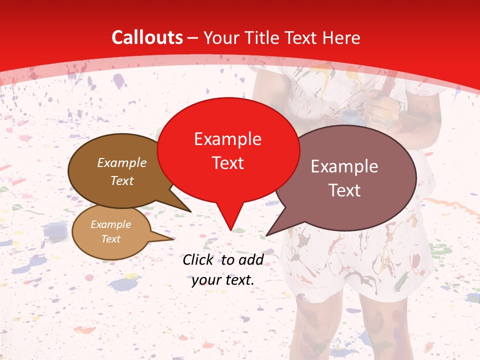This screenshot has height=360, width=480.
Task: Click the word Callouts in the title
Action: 147,37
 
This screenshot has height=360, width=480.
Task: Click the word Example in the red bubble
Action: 227,139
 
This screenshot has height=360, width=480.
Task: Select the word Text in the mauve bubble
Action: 345,190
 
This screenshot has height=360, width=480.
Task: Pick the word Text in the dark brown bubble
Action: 122,180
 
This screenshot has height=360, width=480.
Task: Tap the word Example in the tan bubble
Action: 110,224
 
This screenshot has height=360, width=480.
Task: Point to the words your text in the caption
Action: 223,280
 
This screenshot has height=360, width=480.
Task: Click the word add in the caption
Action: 251,259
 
